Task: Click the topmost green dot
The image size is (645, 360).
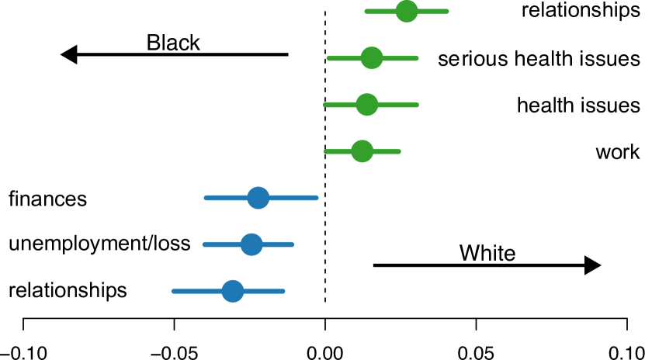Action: click(x=407, y=12)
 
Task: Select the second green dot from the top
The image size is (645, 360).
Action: click(x=372, y=58)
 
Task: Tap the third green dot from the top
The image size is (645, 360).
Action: click(x=367, y=105)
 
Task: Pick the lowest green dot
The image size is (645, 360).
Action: click(x=362, y=151)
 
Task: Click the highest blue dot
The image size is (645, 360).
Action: click(x=258, y=198)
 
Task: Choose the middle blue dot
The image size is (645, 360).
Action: click(x=251, y=244)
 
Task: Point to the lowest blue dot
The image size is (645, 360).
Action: click(x=233, y=291)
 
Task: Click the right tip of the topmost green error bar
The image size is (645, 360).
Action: click(x=447, y=12)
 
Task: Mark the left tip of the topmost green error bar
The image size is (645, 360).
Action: click(x=366, y=12)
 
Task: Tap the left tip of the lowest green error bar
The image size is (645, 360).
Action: click(x=326, y=151)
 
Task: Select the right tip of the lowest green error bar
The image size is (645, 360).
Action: click(x=399, y=151)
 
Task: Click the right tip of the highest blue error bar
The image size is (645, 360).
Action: click(x=317, y=198)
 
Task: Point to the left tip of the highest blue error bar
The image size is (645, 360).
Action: click(x=206, y=198)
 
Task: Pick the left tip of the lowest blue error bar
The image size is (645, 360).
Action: click(x=173, y=291)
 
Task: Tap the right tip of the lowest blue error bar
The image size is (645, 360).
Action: click(x=283, y=291)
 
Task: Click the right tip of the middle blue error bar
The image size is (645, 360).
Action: click(x=293, y=244)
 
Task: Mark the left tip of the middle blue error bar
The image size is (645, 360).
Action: click(x=204, y=244)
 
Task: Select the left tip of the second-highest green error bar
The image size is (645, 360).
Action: click(x=328, y=58)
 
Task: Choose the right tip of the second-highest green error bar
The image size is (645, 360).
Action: click(x=417, y=58)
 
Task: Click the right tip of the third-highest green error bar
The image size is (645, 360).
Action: click(x=417, y=105)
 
